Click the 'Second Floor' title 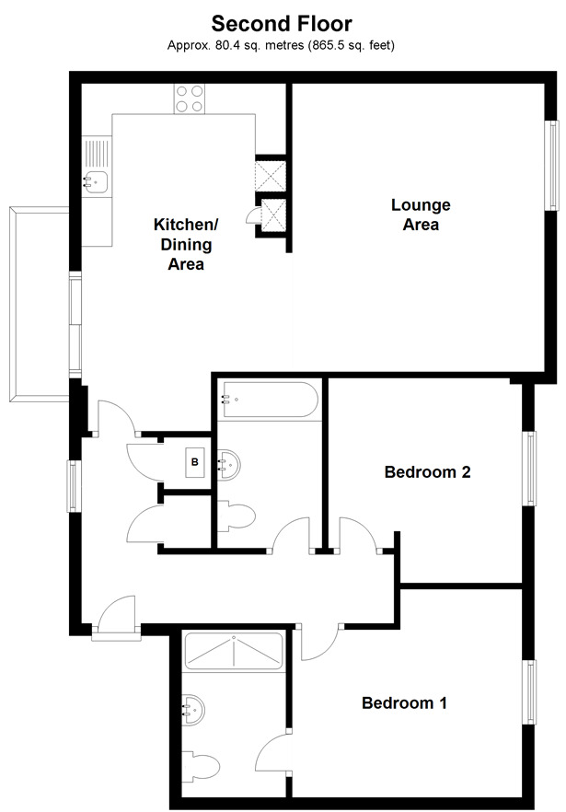click(282, 22)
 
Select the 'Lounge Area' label click(420, 214)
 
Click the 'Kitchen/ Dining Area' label click(185, 244)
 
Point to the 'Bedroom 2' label click(427, 472)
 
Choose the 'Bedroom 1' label click(404, 703)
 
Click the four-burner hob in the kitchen click(190, 99)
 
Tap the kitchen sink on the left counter click(97, 180)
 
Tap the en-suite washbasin click(195, 710)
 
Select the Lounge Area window click(552, 166)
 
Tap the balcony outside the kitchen click(37, 304)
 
